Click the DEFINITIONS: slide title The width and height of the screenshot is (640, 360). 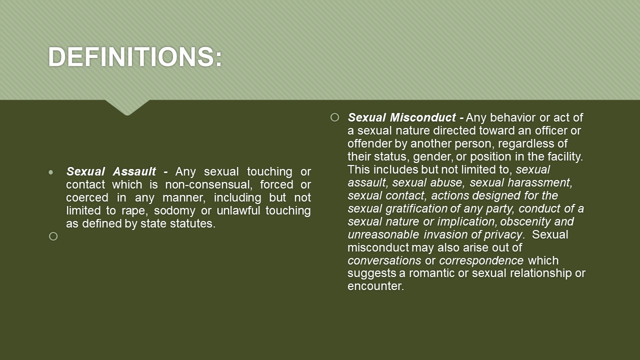(135, 56)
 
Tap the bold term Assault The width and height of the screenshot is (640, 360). (134, 171)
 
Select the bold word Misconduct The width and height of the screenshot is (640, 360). (423, 117)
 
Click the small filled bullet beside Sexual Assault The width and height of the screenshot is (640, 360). (51, 172)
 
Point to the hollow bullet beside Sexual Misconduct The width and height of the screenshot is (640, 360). (334, 117)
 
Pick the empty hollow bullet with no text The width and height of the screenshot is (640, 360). (53, 236)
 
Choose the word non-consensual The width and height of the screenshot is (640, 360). (209, 184)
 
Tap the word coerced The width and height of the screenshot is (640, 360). (87, 197)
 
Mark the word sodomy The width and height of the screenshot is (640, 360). (174, 211)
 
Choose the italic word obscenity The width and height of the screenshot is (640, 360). (525, 221)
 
